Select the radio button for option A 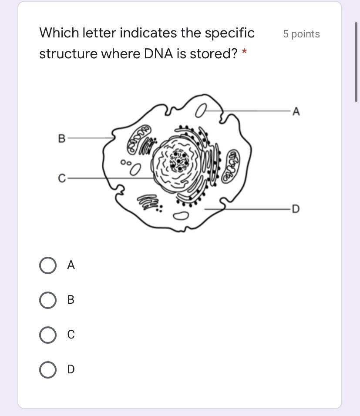(48, 265)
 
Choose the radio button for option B (48, 300)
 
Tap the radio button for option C (48, 335)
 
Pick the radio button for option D (48, 369)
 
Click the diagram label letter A (296, 111)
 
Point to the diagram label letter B (61, 138)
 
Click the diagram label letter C (62, 178)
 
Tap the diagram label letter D (296, 209)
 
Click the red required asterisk (244, 51)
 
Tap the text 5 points (301, 34)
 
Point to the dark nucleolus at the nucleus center (180, 161)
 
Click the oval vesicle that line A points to (201, 111)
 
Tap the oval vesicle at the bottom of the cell (181, 216)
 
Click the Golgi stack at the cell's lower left (149, 202)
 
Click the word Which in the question (59, 33)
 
